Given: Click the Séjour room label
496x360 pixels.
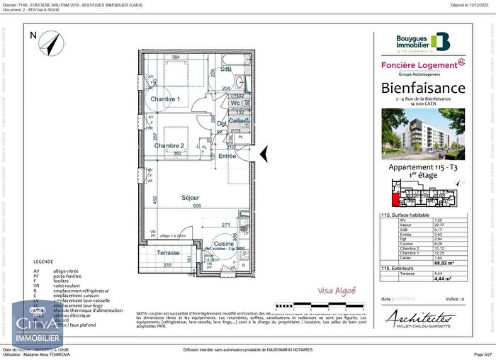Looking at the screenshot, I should [x=189, y=198].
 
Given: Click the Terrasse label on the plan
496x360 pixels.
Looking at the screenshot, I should [x=168, y=253].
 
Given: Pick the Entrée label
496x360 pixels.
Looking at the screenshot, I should [x=227, y=155].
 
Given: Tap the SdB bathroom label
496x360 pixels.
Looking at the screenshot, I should [x=225, y=69].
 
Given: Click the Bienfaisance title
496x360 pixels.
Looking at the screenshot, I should [x=424, y=88].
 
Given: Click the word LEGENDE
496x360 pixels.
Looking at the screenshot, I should [x=43, y=261].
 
